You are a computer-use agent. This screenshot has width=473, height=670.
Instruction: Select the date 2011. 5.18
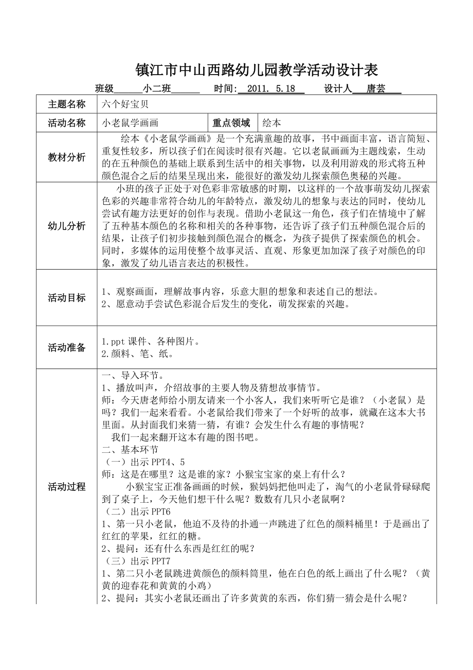[x=271, y=89]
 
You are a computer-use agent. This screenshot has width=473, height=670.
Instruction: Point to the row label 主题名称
[x=67, y=104]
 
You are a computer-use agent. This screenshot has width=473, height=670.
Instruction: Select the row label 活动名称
[x=67, y=122]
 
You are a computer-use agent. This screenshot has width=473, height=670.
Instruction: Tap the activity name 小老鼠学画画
[x=131, y=122]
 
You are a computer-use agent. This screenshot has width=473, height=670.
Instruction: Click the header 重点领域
[x=231, y=122]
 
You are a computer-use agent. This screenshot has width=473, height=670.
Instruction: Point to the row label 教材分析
[x=67, y=157]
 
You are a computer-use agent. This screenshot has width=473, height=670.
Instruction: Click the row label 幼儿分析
[x=67, y=226]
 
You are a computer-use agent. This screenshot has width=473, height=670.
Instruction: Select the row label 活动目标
[x=67, y=297]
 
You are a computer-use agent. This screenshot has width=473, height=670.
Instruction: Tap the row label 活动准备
[x=67, y=347]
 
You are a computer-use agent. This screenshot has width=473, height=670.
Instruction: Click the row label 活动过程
[x=67, y=486]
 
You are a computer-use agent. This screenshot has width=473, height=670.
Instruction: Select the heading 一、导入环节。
[x=133, y=376]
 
